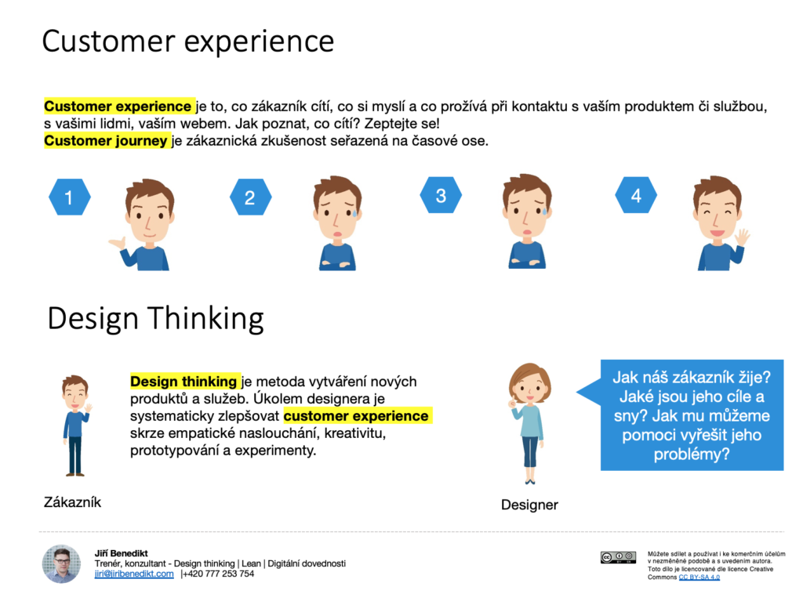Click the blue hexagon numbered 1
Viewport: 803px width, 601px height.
click(70, 197)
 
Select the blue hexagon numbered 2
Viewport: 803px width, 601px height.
click(250, 197)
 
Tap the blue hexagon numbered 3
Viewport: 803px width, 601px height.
click(441, 195)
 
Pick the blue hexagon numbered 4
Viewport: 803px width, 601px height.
click(636, 195)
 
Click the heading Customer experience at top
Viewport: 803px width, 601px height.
click(188, 42)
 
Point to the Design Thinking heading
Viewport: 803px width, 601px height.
click(156, 318)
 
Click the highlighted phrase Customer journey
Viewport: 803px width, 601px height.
click(106, 140)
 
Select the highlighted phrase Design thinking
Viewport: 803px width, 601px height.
click(183, 382)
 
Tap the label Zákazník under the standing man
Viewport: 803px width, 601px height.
click(72, 502)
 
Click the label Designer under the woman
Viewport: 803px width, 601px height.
click(529, 505)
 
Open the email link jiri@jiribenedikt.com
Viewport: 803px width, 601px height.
click(134, 574)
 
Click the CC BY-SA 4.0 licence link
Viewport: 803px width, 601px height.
click(699, 577)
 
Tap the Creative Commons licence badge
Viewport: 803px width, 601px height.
click(618, 557)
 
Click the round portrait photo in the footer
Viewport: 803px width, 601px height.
click(61, 563)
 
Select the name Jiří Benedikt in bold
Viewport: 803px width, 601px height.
click(121, 553)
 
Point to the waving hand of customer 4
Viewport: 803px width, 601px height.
click(741, 237)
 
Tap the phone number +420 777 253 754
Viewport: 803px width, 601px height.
click(219, 574)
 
